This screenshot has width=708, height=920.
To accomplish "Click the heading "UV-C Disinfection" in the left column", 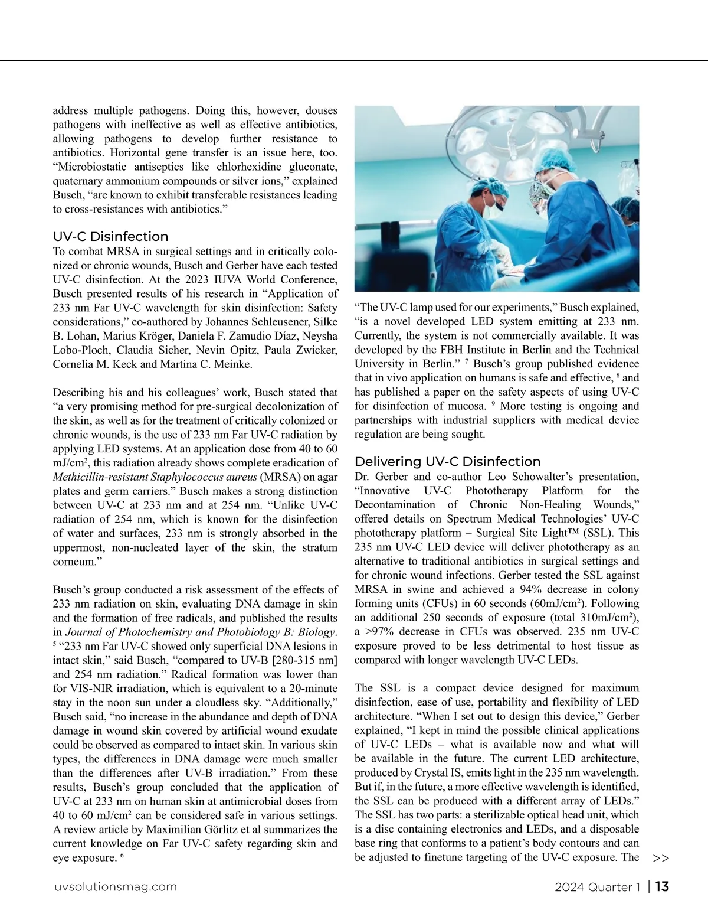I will coord(110,237).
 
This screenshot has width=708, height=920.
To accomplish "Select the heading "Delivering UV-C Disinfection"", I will coord(447,462).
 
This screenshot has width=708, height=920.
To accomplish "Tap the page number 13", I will coord(662,886).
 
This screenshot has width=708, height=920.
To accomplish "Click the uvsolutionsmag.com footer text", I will coord(115,887).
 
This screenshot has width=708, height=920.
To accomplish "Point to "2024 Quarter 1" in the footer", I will coord(597,887).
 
